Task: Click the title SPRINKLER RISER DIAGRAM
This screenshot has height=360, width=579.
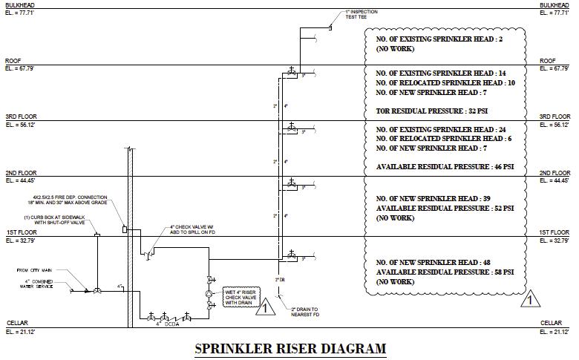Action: [290, 347]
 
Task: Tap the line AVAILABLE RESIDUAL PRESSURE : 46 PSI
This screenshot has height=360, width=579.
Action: [445, 167]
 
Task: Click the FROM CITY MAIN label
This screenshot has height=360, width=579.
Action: [33, 270]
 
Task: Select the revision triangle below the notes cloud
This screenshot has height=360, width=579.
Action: [529, 300]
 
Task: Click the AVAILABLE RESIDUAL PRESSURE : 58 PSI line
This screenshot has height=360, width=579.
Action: [445, 272]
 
